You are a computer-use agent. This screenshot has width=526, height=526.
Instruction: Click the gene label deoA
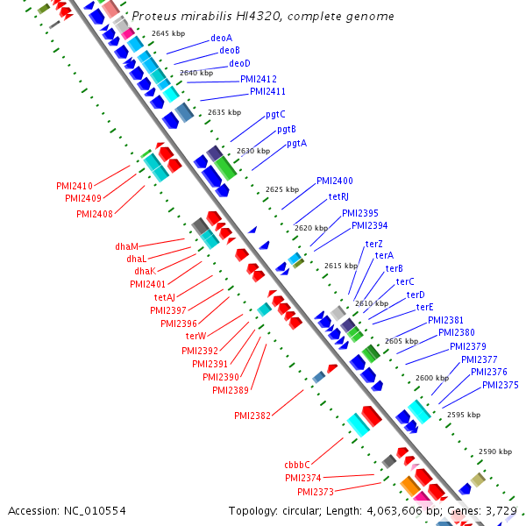(x=221, y=39)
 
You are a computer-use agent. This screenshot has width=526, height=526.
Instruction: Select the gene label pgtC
(x=275, y=114)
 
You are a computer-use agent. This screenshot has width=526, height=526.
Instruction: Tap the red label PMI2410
(x=75, y=186)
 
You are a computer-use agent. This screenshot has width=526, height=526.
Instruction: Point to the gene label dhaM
(x=127, y=246)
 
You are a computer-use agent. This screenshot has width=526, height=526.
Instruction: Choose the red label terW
(x=195, y=336)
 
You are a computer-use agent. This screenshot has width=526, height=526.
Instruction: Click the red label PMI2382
(x=252, y=415)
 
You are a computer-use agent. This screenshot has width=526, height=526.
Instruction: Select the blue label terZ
(x=373, y=244)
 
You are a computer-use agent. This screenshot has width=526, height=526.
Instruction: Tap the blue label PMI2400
(x=335, y=181)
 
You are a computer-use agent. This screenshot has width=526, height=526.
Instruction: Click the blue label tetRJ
(x=338, y=196)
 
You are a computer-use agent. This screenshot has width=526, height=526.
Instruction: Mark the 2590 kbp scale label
(x=494, y=451)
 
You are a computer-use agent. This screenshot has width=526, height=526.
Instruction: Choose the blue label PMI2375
(x=500, y=385)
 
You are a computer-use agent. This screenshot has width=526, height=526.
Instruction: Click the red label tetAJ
(x=170, y=297)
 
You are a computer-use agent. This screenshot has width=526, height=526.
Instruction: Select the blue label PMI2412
(x=259, y=79)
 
